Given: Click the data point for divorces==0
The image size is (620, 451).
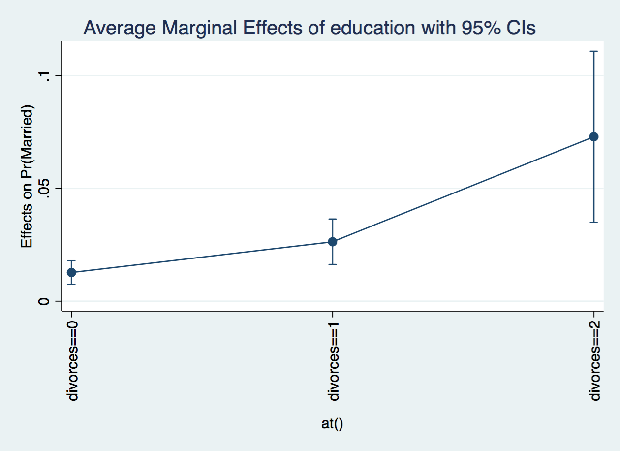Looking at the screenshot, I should click(71, 272).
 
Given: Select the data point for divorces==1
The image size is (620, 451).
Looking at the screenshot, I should click(333, 242).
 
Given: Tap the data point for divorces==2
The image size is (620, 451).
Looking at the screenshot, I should click(594, 136).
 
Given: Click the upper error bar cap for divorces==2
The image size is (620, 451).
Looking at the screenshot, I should click(594, 51).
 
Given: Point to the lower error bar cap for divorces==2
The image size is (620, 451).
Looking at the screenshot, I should click(594, 222).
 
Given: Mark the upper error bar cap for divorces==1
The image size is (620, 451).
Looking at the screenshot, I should click(333, 219).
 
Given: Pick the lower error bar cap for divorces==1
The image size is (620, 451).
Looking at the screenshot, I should click(333, 264).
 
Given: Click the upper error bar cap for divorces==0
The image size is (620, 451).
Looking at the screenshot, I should click(71, 260).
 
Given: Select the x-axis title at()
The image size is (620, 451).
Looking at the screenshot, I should click(332, 423).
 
